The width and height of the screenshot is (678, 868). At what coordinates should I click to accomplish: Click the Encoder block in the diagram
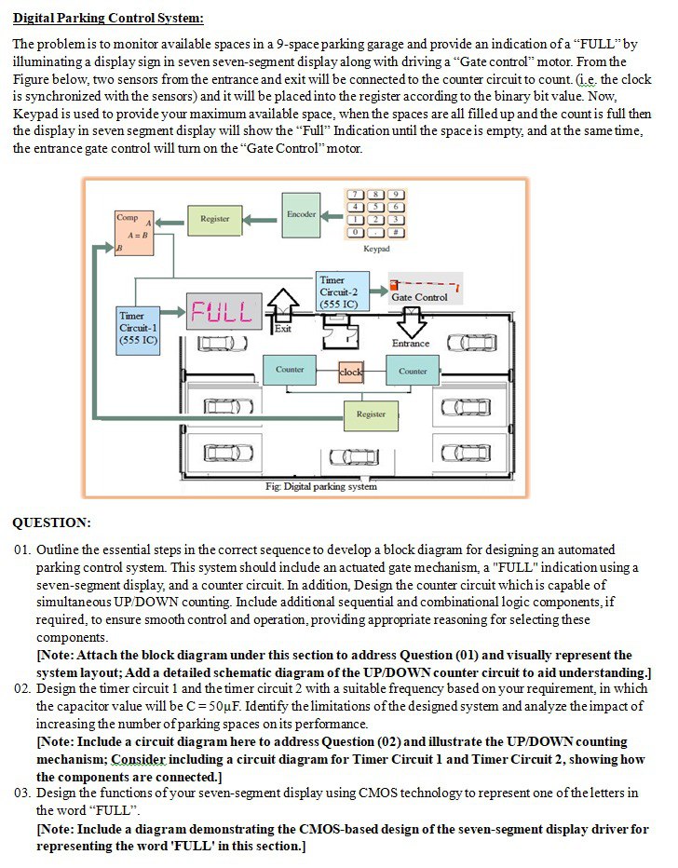(301, 214)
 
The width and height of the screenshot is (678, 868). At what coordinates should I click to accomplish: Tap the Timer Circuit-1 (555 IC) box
(138, 330)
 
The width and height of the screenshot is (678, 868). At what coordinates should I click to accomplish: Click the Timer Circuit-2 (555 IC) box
(342, 292)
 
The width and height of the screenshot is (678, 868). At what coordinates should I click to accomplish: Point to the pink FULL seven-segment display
(223, 310)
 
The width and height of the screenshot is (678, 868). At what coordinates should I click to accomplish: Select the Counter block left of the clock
(290, 371)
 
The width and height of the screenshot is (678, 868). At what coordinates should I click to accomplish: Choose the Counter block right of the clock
(413, 371)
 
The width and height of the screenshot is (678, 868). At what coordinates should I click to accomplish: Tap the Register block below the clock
(371, 414)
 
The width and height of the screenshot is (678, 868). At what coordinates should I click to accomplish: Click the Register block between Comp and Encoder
(214, 219)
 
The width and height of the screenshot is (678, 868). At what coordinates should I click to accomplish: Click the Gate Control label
(419, 297)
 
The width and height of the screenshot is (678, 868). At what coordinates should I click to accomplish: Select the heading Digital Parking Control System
(108, 18)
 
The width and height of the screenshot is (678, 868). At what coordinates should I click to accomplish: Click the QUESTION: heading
(52, 522)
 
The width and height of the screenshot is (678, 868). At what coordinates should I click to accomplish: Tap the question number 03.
(23, 793)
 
